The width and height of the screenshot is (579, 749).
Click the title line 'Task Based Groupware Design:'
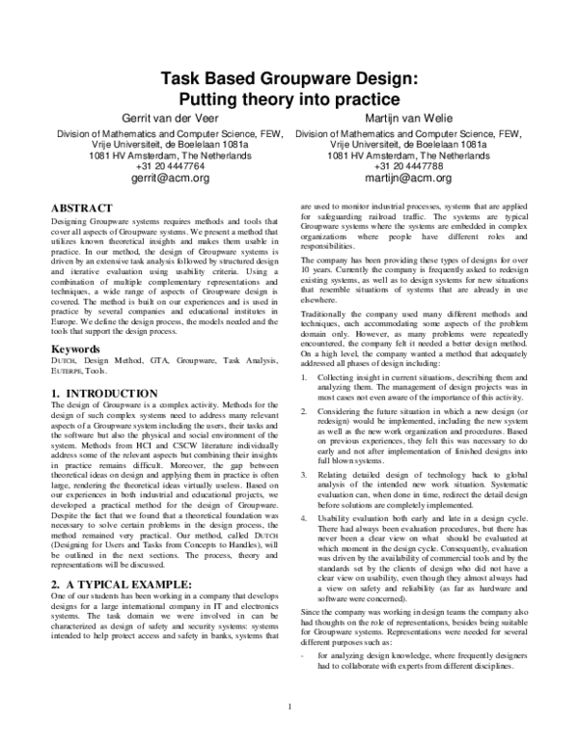click(x=288, y=80)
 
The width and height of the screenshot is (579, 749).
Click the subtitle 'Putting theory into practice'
click(x=288, y=99)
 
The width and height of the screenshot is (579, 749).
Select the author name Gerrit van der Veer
click(x=170, y=118)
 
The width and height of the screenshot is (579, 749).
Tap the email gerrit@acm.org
click(x=170, y=179)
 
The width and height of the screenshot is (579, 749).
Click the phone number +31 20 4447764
click(x=170, y=166)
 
